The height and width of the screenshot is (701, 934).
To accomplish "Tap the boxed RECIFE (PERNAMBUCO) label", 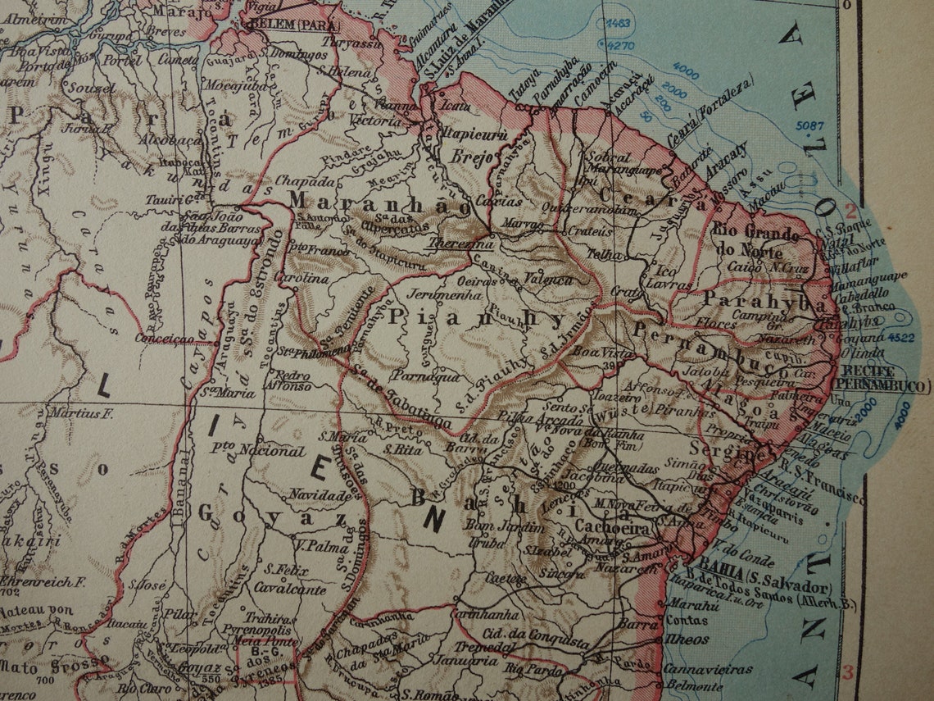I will [882, 380].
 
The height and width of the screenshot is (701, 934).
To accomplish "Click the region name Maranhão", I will [379, 205].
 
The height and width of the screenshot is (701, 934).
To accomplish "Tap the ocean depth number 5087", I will [810, 125].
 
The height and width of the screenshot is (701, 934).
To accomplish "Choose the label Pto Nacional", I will [257, 450].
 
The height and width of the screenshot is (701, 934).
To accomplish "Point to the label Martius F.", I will [80, 414].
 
